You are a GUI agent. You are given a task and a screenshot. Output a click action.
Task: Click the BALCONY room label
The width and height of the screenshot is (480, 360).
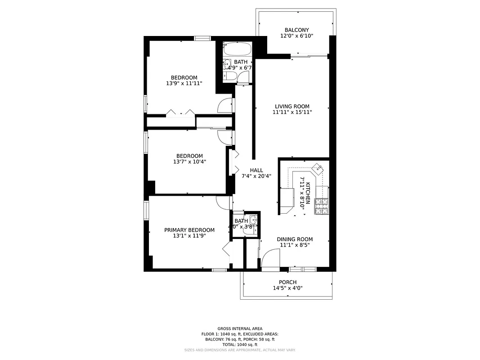(296, 30)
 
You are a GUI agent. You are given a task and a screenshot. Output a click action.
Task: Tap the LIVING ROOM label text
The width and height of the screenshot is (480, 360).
(292, 107)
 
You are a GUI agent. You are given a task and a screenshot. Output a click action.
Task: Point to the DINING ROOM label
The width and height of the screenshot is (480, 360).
(295, 239)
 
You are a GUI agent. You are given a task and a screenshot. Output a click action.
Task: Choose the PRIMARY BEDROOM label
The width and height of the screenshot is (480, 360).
(189, 230)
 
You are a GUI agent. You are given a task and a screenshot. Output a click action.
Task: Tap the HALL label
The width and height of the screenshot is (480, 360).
(256, 170)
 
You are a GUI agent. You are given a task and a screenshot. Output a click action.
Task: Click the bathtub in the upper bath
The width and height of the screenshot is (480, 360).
(238, 48)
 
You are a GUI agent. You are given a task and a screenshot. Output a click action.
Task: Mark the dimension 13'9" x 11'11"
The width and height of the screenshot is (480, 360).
(184, 83)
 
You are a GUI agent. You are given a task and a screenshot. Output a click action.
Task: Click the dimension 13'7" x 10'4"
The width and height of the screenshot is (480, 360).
(189, 162)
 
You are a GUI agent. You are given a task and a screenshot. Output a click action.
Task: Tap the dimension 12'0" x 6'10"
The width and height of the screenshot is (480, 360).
(296, 36)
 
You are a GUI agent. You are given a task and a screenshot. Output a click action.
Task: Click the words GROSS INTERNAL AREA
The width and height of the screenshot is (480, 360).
(240, 328)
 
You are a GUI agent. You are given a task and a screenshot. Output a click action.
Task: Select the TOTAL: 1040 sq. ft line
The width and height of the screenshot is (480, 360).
(240, 344)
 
